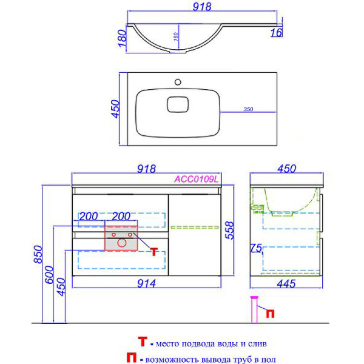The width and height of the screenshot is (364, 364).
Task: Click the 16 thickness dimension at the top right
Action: tap(277, 33)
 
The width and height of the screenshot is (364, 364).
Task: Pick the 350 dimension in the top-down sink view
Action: tap(248, 109)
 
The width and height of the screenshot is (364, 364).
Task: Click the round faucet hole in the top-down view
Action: tap(178, 81)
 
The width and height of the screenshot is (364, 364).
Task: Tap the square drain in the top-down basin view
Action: tap(177, 104)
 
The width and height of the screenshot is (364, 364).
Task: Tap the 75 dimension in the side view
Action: tap(256, 249)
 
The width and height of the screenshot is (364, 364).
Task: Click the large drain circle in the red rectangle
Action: tap(121, 243)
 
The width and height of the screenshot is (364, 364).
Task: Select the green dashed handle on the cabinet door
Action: tap(189, 227)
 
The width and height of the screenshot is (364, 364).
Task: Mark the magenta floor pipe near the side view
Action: tap(255, 309)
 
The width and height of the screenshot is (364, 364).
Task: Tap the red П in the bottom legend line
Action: tap(131, 359)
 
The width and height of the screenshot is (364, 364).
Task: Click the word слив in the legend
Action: tap(257, 343)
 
